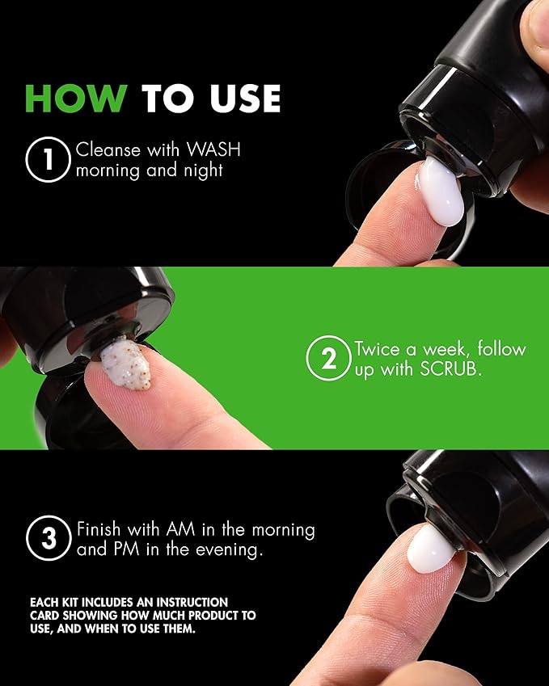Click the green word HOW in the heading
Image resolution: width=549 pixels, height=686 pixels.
[x=77, y=99]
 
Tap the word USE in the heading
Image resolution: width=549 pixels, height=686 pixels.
[x=245, y=99]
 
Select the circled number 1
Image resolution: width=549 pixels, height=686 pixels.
[x=49, y=159]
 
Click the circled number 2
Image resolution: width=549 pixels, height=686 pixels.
[x=328, y=358]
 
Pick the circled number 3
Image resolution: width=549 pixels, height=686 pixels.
[x=49, y=538]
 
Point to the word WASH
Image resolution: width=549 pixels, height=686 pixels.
[x=213, y=149]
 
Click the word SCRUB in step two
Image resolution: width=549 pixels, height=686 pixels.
[x=450, y=369]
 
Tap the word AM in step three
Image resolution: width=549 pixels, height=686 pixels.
[x=180, y=529]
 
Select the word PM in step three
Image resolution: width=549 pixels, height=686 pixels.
[x=126, y=549]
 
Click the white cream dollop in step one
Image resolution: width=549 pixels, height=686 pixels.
[x=441, y=191]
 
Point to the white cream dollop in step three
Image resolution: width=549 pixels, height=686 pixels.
[x=431, y=549]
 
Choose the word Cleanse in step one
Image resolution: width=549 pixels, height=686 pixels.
[x=108, y=149]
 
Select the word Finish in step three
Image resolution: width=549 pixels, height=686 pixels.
[x=99, y=529]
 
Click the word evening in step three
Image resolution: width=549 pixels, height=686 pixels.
[x=229, y=550]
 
